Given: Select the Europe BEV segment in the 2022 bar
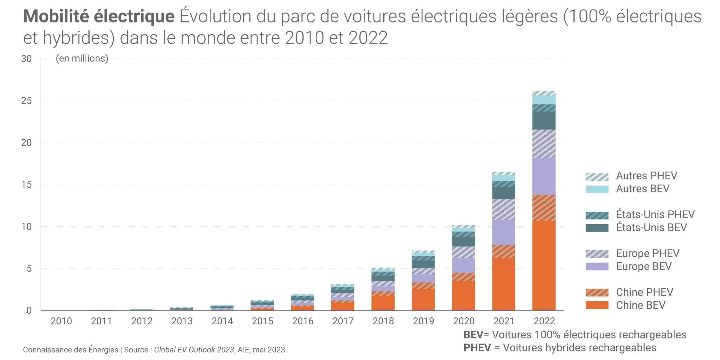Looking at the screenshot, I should click(544, 176).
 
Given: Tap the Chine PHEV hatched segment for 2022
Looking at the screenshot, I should click(544, 208).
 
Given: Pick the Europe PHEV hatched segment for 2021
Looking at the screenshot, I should click(503, 209).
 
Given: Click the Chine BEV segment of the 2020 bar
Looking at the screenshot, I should click(463, 295).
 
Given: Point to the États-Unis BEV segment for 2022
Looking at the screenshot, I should click(544, 120).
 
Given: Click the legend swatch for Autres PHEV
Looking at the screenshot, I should click(597, 177).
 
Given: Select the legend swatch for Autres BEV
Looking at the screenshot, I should click(597, 189).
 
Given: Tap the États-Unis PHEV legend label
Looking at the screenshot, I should click(655, 215).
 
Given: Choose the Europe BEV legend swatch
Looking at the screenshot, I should click(597, 266).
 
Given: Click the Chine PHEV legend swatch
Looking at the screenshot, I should click(597, 293).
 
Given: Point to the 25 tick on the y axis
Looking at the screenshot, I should click(26, 101).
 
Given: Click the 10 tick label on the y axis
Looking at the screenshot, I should click(26, 227).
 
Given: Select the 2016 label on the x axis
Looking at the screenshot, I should click(303, 321).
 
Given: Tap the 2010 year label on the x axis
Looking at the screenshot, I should click(61, 321).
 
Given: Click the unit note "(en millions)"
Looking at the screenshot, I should click(82, 58).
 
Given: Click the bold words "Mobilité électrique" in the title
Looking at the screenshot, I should click(99, 16).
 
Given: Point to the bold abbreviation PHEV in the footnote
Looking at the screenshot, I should click(477, 348).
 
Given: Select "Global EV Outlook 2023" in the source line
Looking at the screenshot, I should click(194, 350).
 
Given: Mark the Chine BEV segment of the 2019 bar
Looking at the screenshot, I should click(423, 300).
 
